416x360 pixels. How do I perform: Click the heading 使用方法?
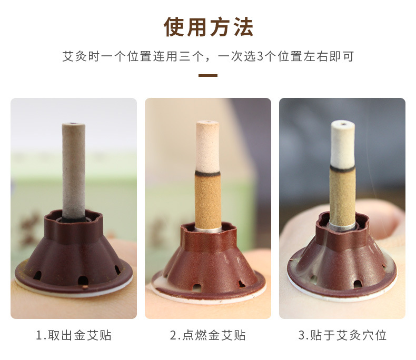[x=209, y=27]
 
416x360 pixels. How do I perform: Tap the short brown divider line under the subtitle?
[x=208, y=76]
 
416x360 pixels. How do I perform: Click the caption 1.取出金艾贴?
[x=74, y=335]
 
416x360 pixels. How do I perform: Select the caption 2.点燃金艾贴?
[x=207, y=335]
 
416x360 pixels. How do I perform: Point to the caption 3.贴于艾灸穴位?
[x=342, y=335]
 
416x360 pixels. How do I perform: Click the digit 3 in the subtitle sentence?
[x=260, y=56]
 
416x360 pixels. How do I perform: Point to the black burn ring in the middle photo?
[x=207, y=173]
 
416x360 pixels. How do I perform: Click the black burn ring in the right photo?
[x=342, y=168]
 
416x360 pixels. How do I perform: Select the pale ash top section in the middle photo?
[x=207, y=146]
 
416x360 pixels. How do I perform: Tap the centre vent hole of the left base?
[x=83, y=281]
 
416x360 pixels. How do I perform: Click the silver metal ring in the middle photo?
[x=208, y=229]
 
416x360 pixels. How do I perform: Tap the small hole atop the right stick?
[x=343, y=124]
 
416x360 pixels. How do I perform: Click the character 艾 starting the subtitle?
[x=68, y=56]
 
